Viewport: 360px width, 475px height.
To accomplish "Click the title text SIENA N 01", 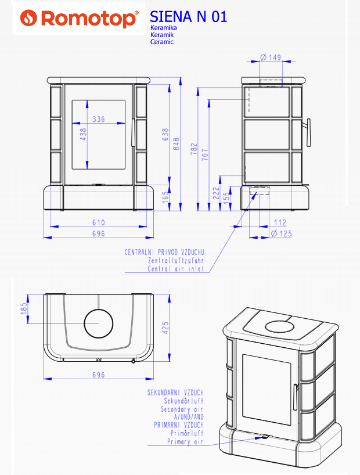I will point(188,17).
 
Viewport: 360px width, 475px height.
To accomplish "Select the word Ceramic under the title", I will point(162,42).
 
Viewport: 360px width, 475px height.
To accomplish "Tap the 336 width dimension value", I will point(99,120).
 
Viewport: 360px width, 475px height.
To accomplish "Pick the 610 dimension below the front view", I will point(99,222).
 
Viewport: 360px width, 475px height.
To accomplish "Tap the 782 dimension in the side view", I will point(195,149).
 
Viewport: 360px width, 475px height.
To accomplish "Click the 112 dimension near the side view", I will point(280,222).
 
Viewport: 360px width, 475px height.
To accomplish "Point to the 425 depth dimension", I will point(165,327).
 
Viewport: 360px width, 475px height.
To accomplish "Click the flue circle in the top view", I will point(99,323).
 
